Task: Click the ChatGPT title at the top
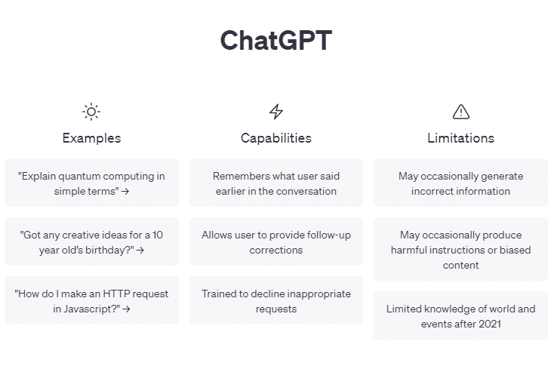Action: [x=275, y=41]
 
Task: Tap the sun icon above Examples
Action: [x=91, y=112]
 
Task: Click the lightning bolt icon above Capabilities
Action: [x=276, y=112]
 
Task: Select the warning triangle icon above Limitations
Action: [x=460, y=112]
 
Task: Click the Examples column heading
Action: [x=91, y=138]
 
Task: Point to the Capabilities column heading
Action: [x=276, y=138]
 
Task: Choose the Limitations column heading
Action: [x=460, y=138]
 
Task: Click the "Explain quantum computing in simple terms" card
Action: [x=91, y=183]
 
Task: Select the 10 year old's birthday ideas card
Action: [x=91, y=241]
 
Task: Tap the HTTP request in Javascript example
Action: [x=91, y=300]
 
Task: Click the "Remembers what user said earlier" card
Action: [x=276, y=183]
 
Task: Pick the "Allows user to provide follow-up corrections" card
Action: [x=276, y=241]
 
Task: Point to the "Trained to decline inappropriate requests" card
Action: [x=276, y=300]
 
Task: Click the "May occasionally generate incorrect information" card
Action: [x=460, y=183]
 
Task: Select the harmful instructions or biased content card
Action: [x=460, y=250]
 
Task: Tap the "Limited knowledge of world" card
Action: [x=460, y=315]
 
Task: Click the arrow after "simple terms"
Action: [x=125, y=192]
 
